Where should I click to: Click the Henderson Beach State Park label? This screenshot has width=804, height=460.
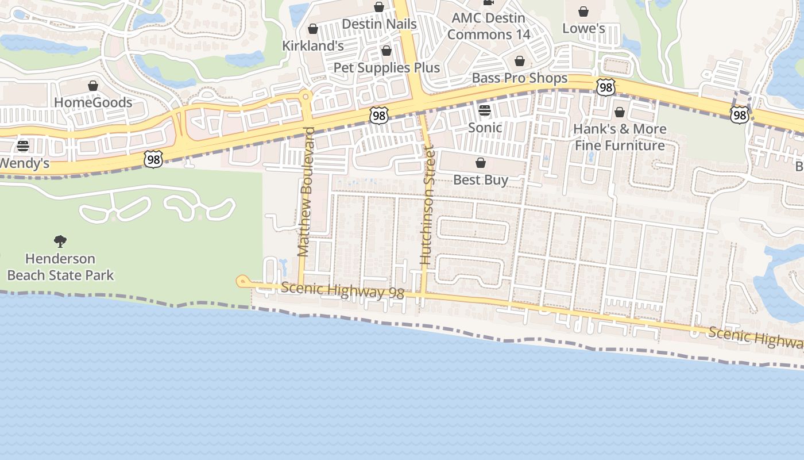(60, 267)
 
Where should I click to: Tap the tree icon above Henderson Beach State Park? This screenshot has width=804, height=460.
(60, 241)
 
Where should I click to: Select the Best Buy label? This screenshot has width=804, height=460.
(481, 180)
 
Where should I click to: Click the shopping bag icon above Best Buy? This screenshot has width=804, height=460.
(481, 163)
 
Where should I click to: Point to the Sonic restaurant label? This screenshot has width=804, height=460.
(485, 128)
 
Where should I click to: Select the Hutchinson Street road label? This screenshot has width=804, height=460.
(426, 205)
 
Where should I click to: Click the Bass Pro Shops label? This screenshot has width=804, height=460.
(519, 78)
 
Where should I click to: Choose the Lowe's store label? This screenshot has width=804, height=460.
(583, 28)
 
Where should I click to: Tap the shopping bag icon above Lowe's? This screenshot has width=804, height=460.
(583, 11)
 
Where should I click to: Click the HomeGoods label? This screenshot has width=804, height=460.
(93, 103)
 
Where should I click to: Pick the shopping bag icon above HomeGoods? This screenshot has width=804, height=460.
(93, 86)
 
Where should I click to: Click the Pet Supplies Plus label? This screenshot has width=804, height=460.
(386, 68)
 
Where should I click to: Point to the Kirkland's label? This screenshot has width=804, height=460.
(313, 45)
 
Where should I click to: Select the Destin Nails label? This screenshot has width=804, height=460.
(379, 24)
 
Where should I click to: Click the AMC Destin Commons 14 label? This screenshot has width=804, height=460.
(489, 26)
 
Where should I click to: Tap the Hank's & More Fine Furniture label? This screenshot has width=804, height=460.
(620, 137)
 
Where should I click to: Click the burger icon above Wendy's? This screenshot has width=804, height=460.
(23, 146)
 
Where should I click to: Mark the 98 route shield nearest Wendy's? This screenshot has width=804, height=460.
(153, 159)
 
